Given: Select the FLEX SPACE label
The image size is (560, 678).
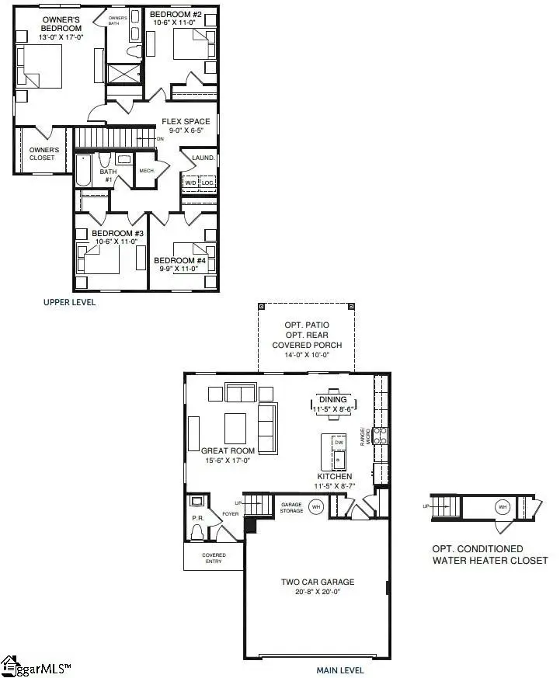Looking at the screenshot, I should [x=186, y=122].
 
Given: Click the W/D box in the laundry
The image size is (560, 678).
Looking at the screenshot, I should [x=190, y=183].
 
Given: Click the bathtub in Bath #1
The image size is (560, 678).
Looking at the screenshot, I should [x=83, y=170].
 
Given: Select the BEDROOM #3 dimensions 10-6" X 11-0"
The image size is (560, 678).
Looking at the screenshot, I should [x=118, y=242].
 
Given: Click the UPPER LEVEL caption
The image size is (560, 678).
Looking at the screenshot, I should [x=69, y=302].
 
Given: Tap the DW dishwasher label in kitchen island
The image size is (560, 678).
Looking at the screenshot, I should [x=339, y=443].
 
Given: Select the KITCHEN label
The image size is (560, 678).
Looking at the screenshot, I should [x=335, y=476].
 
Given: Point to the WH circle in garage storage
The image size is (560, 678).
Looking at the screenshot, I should [x=315, y=507].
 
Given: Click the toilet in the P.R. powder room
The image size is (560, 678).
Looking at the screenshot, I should [x=197, y=532].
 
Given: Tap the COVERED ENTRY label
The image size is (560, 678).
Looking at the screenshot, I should [x=214, y=558].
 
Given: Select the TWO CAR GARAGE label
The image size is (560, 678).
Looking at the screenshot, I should [x=317, y=582].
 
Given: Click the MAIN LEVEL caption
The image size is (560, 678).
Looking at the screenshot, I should [x=339, y=670].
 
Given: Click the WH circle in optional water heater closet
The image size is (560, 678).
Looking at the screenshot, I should [x=503, y=506].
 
